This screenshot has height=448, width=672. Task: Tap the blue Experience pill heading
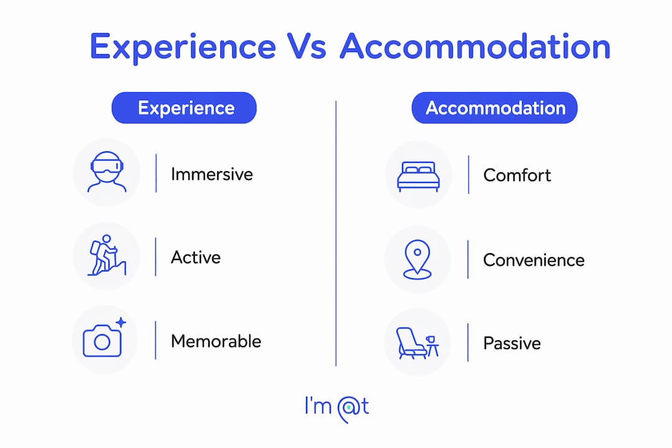(x=184, y=108)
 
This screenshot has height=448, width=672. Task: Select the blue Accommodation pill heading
(x=495, y=108)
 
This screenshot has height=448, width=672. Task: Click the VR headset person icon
(x=107, y=172)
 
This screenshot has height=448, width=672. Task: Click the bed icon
(x=418, y=176)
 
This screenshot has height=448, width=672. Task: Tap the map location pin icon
(x=418, y=259)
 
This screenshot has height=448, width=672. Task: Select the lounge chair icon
(x=411, y=343)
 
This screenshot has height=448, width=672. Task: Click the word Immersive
(x=212, y=174)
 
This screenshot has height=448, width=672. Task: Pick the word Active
(x=195, y=257)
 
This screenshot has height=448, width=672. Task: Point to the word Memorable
(x=216, y=341)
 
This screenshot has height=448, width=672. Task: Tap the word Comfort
(x=517, y=175)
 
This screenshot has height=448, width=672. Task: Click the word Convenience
(x=534, y=260)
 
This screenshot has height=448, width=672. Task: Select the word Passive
(x=511, y=343)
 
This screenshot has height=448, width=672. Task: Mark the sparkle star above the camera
(x=121, y=322)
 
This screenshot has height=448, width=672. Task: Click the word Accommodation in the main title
(x=475, y=46)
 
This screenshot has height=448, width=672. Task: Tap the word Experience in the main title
(x=183, y=48)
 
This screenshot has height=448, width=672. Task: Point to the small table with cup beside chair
(x=432, y=345)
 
